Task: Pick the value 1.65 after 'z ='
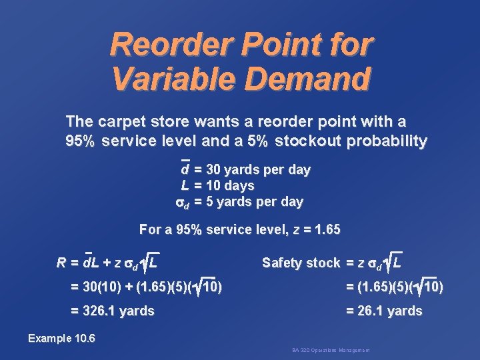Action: pos(326,230)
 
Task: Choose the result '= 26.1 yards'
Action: pos(383,311)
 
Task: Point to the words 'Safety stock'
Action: pos(301,263)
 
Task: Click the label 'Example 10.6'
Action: pos(61,339)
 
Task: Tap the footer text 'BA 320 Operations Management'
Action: pos(331,350)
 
